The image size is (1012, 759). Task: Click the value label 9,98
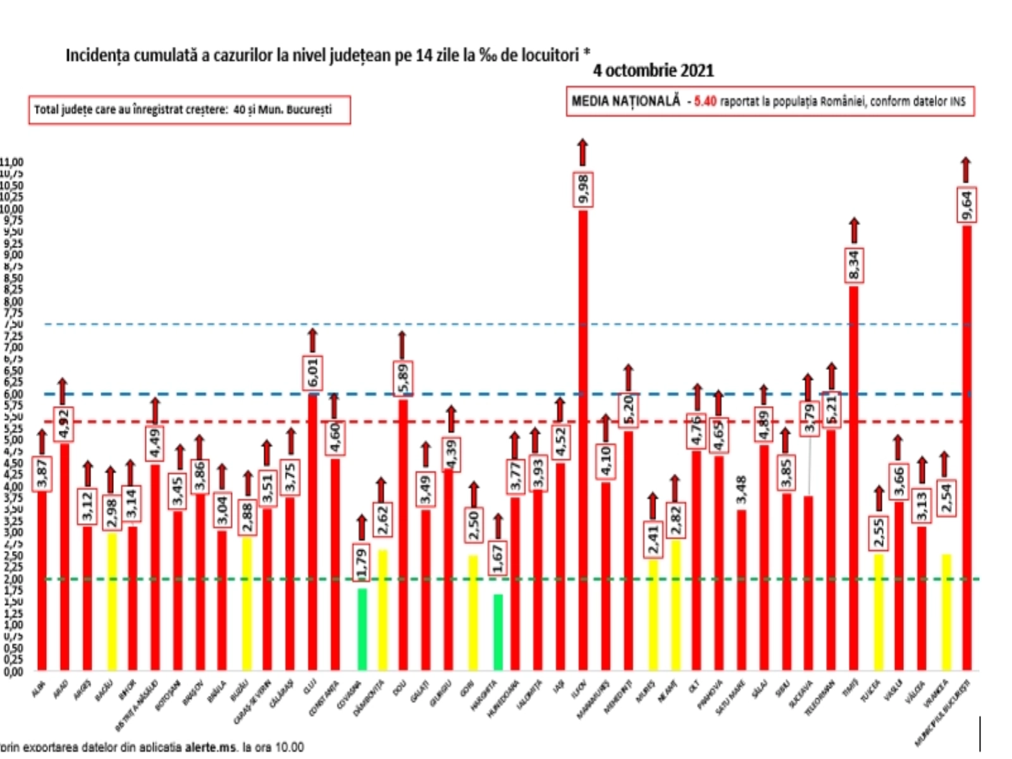click(x=583, y=188)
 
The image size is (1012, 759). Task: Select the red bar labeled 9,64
click(x=966, y=443)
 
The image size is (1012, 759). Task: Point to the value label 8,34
click(x=854, y=265)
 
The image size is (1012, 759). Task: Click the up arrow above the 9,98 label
click(x=583, y=152)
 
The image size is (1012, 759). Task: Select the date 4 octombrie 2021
click(x=653, y=70)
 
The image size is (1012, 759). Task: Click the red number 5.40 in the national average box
click(x=705, y=101)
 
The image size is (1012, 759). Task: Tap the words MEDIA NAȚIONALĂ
click(x=626, y=101)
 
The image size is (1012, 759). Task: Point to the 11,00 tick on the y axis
click(x=11, y=163)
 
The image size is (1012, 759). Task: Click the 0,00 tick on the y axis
click(x=11, y=672)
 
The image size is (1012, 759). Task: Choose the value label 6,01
click(x=313, y=373)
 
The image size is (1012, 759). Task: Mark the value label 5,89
click(x=403, y=378)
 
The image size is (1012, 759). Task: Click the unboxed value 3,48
click(x=741, y=490)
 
